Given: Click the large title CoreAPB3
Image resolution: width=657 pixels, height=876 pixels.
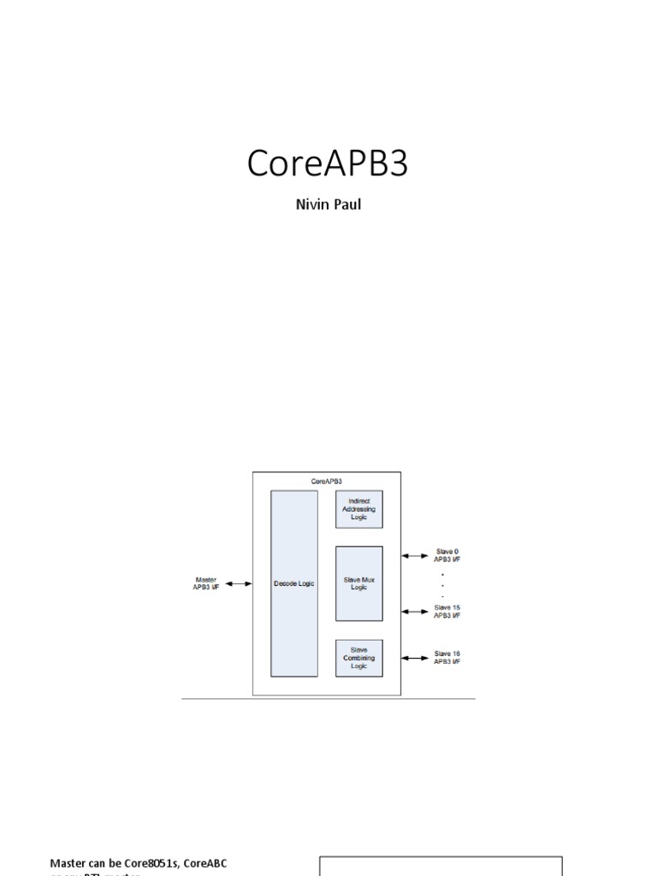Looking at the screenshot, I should [x=328, y=163].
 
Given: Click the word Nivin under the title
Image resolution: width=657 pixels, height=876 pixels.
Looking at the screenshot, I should [x=312, y=205].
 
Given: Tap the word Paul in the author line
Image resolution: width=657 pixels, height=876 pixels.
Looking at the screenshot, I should [x=346, y=205].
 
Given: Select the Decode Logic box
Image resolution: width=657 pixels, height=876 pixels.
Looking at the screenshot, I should [x=293, y=583].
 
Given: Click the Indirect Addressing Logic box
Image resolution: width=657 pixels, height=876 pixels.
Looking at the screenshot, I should [x=358, y=509].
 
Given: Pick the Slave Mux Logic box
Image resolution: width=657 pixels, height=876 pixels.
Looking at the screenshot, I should [x=358, y=583].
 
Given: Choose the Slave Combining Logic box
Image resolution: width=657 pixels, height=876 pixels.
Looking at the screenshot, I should [x=358, y=658].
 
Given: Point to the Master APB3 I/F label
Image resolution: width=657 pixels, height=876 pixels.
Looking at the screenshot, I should [x=206, y=583].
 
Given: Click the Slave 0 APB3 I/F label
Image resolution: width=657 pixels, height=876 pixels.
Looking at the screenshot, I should [x=447, y=556].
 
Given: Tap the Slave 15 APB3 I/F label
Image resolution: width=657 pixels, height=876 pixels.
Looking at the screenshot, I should [x=447, y=611].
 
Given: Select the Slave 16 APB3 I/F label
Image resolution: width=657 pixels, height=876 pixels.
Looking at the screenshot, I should [x=447, y=658].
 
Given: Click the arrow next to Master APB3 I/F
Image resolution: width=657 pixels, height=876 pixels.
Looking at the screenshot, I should [x=239, y=584].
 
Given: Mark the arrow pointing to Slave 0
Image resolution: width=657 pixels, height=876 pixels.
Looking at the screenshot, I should [x=416, y=556].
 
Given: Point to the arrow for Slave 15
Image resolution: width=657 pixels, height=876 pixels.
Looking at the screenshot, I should [x=416, y=611].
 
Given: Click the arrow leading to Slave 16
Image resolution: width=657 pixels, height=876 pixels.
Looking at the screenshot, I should [x=416, y=658].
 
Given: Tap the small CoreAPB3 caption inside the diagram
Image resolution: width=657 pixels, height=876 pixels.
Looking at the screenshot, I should [x=326, y=482].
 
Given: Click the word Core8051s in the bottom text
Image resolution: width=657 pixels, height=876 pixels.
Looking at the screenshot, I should [x=151, y=863].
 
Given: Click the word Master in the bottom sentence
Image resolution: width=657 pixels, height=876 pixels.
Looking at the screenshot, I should [x=69, y=863].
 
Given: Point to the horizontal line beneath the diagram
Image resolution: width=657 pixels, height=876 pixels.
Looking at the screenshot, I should [x=328, y=699].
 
